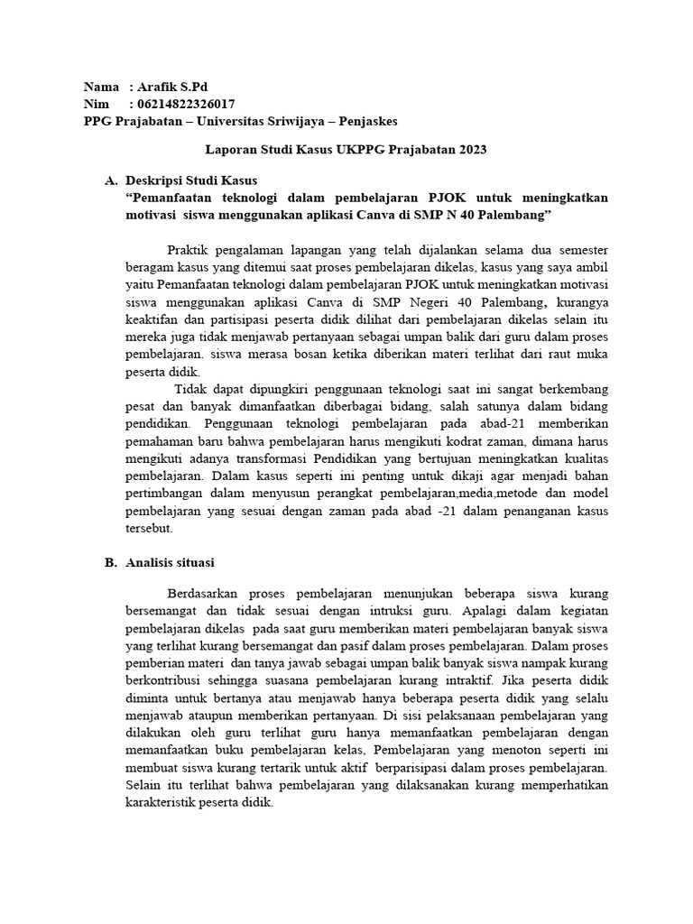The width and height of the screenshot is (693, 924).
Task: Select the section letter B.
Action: (x=110, y=562)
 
